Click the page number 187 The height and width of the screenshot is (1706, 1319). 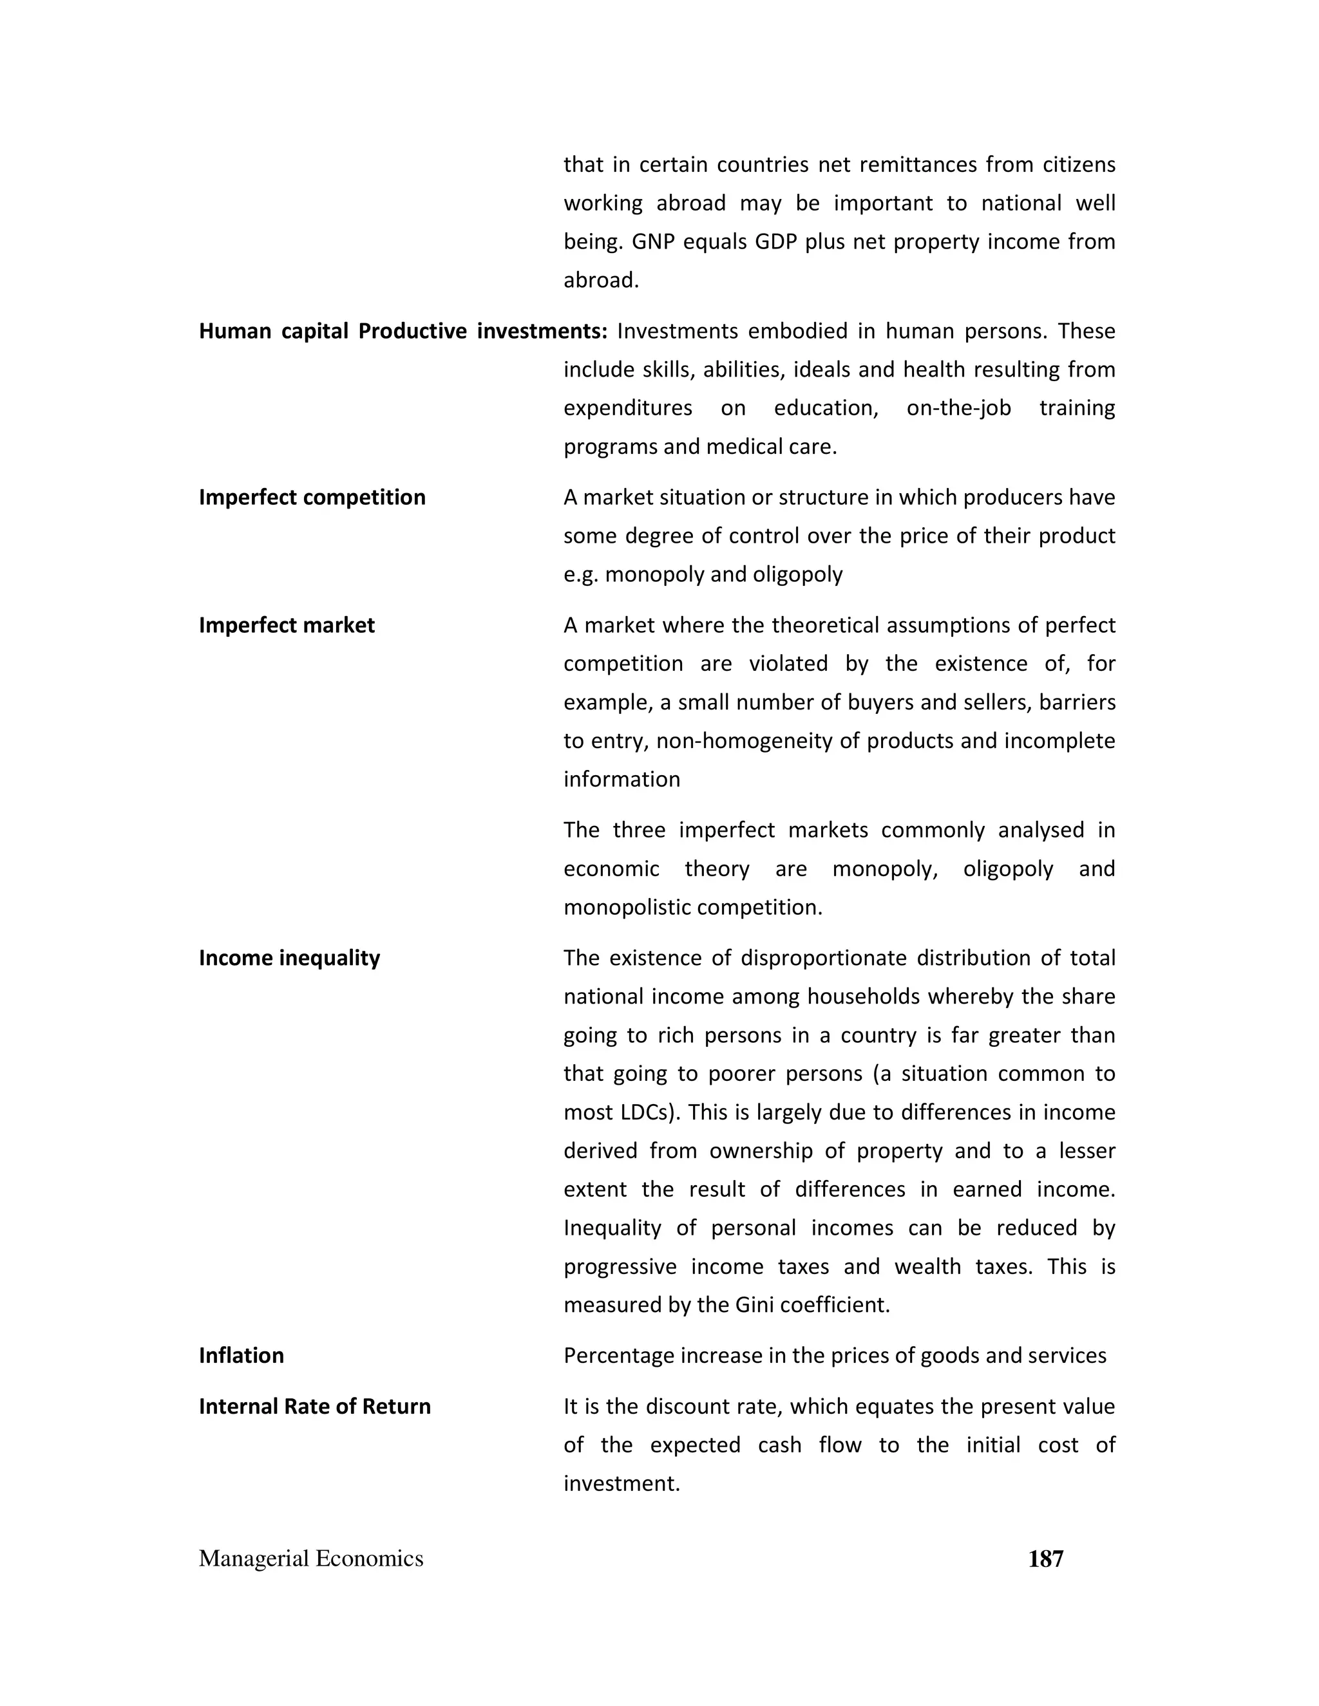point(1045,1559)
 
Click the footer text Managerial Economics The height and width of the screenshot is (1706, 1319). point(311,1559)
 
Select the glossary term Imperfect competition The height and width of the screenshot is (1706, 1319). point(312,498)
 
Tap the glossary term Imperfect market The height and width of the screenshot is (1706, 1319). point(286,625)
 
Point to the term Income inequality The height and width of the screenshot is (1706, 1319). point(289,958)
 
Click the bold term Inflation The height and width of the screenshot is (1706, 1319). point(241,1355)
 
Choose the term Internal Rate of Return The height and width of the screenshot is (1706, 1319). point(314,1406)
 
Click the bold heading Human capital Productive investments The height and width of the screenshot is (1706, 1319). point(403,331)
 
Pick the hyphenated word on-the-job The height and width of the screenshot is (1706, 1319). point(958,408)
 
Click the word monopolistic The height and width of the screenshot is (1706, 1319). point(627,908)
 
